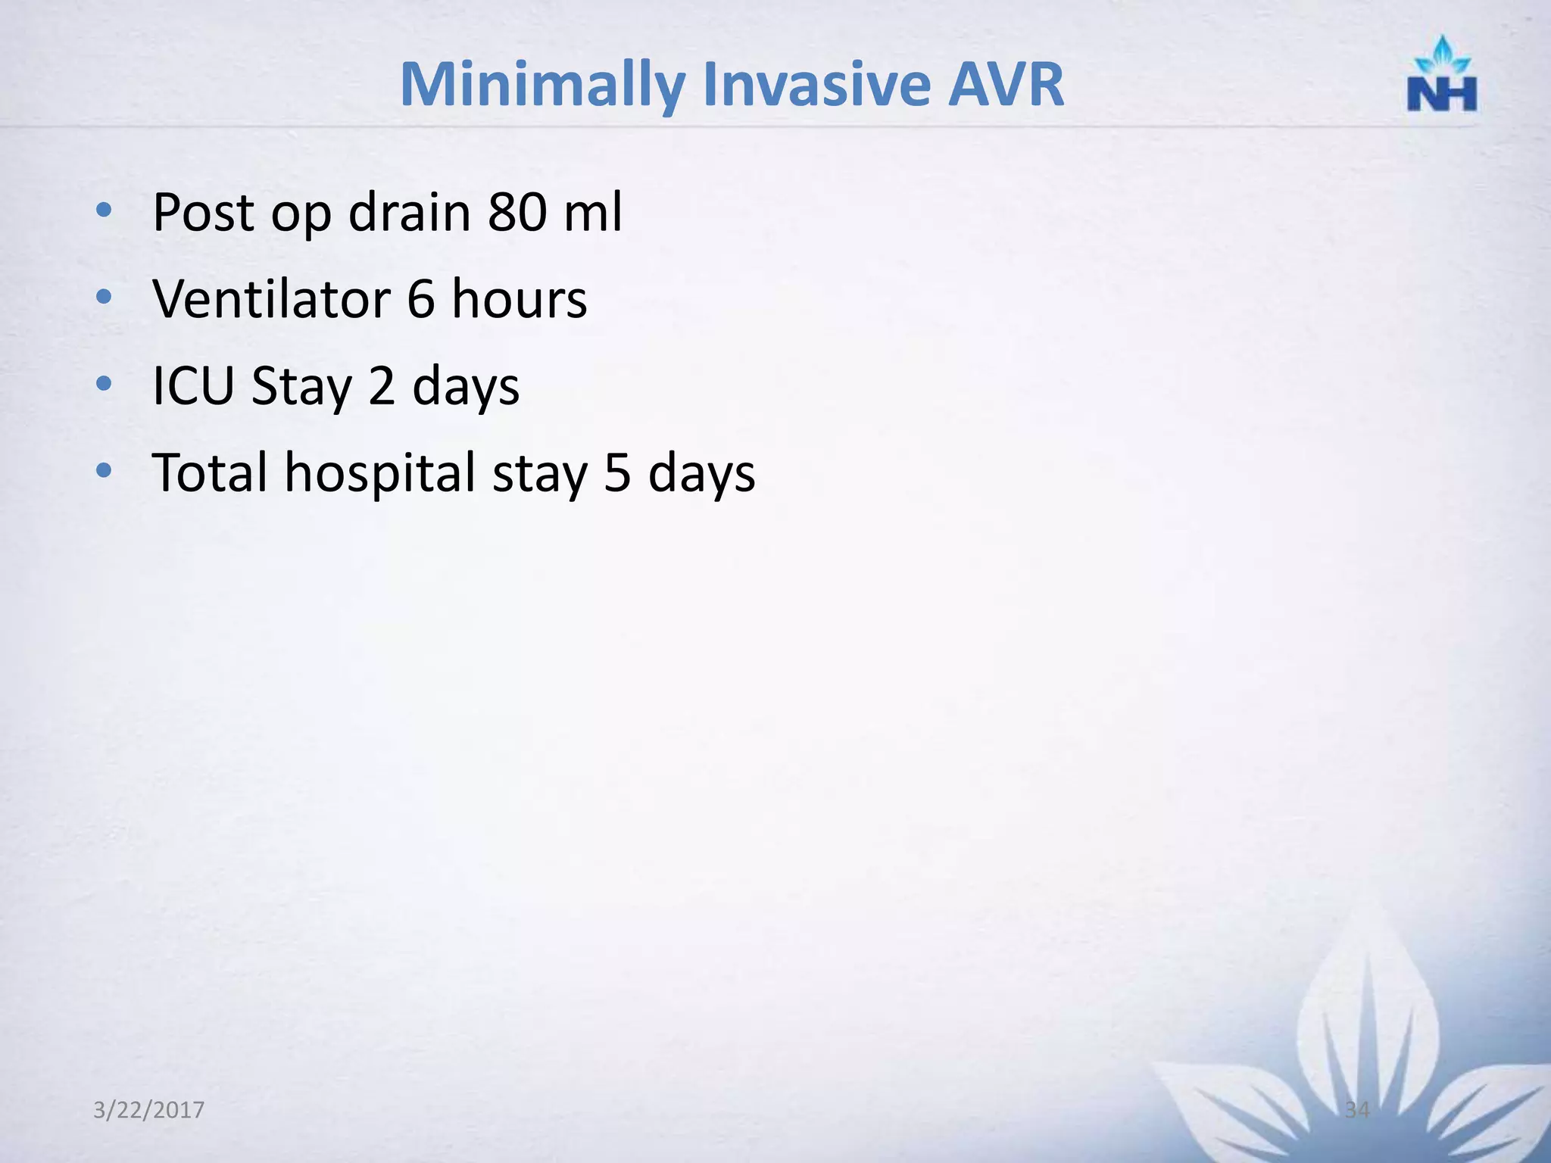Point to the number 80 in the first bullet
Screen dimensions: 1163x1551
pyautogui.click(x=516, y=212)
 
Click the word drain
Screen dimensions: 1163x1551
pyautogui.click(x=409, y=212)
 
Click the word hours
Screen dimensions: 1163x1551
pyautogui.click(x=520, y=299)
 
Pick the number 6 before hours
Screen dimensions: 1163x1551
pyautogui.click(x=421, y=299)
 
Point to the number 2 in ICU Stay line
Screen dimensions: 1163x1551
pyautogui.click(x=382, y=386)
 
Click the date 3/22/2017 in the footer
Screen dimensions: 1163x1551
pyautogui.click(x=148, y=1110)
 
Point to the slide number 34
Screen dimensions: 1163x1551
pyautogui.click(x=1357, y=1110)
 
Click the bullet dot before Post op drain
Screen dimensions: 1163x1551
pyautogui.click(x=104, y=210)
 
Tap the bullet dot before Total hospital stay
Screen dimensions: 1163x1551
pyautogui.click(x=104, y=471)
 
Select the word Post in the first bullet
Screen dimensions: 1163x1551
pyautogui.click(x=204, y=212)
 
